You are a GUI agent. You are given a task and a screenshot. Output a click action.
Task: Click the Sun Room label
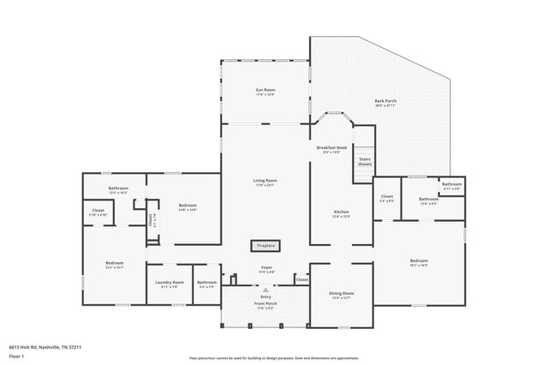click(x=265, y=90)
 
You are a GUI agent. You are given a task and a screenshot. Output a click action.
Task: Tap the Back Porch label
click(x=385, y=101)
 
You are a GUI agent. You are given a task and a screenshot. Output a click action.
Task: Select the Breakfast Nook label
click(x=331, y=148)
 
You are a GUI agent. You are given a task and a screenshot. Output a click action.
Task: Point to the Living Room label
click(x=265, y=180)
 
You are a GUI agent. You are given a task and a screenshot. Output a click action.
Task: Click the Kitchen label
click(x=341, y=212)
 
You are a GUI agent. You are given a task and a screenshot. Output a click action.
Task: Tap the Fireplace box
click(x=266, y=245)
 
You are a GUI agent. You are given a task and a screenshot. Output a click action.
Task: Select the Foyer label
click(x=266, y=267)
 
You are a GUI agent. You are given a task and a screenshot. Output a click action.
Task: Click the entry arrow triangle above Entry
click(x=265, y=290)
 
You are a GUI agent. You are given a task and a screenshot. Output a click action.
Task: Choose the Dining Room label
click(x=342, y=294)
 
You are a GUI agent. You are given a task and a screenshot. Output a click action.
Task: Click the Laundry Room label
click(x=170, y=283)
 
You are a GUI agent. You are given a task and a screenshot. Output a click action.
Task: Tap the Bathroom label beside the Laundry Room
click(x=206, y=283)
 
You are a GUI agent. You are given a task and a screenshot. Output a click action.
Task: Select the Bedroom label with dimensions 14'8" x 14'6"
click(x=188, y=205)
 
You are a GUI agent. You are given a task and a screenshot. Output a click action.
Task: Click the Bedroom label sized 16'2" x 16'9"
click(x=418, y=260)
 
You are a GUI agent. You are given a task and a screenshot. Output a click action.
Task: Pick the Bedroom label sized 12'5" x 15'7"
click(x=115, y=263)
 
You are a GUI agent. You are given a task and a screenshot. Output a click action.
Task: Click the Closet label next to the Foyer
click(x=301, y=279)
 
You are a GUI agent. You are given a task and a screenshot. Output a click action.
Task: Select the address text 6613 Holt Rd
click(x=45, y=347)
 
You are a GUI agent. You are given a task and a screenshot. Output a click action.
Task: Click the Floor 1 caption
click(x=16, y=356)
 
